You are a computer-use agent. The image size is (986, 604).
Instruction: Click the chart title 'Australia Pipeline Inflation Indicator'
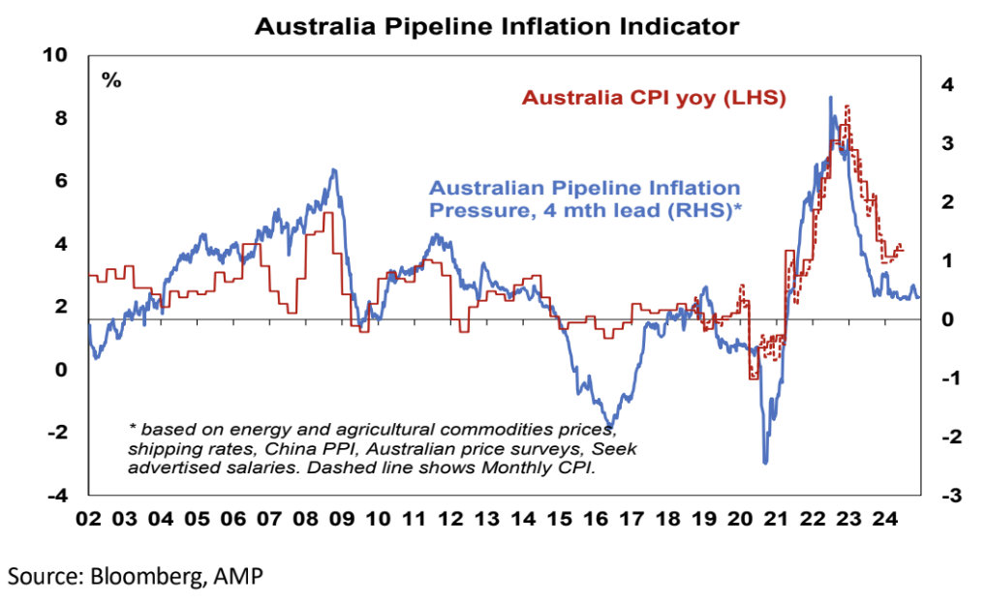(497, 26)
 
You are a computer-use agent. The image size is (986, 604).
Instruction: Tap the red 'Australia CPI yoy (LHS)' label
(653, 98)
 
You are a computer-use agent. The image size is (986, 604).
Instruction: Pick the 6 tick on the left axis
(61, 181)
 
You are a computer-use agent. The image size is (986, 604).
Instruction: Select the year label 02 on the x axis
(88, 519)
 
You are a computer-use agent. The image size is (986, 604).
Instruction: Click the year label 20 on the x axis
(741, 519)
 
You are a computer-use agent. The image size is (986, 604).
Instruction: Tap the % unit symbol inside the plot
(111, 80)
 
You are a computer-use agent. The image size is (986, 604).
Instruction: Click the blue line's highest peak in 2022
(830, 97)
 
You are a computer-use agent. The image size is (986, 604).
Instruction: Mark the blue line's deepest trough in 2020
(765, 463)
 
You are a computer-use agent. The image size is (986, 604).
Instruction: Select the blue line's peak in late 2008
(334, 170)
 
